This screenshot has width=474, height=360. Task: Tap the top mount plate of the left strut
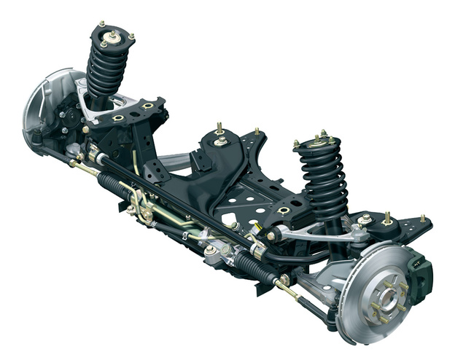click(112, 39)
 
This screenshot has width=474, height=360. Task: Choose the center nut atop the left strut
click(112, 34)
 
